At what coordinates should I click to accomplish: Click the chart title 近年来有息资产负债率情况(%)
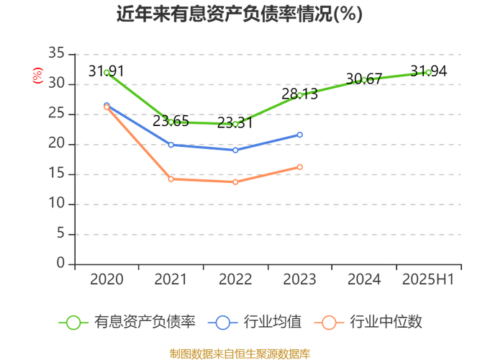coord(240,14)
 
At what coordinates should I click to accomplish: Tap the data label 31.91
coord(107,71)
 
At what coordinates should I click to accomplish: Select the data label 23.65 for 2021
coord(171,121)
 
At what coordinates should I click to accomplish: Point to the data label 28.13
coord(299,94)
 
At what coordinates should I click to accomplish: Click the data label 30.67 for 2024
coord(364,79)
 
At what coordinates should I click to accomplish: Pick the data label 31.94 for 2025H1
coord(429,71)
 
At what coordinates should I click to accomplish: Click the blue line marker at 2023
coord(299,135)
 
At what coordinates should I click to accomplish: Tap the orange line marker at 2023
coord(299,167)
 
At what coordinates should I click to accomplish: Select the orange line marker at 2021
coord(171,179)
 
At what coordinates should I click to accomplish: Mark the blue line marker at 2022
coord(235,150)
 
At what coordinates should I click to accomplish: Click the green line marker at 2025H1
coord(429,72)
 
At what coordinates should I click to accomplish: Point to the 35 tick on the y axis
coord(56,54)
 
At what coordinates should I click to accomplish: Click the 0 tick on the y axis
coord(60,264)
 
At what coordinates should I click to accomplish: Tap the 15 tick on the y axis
coord(56,174)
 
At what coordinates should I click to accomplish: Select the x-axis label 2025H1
coord(429,279)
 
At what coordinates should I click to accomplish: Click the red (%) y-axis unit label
coord(37,75)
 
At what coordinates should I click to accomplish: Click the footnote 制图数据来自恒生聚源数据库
coord(240,354)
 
